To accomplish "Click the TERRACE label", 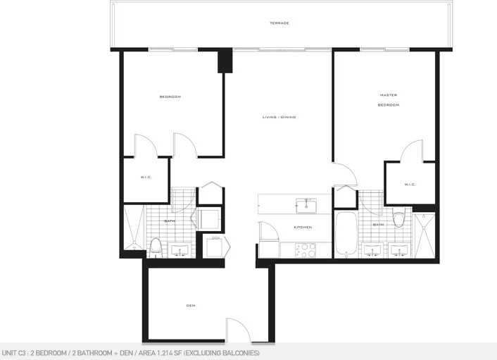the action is tap(279, 23).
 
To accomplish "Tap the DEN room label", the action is tap(191, 306).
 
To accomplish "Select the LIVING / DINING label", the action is tap(279, 117).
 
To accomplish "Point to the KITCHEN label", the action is tap(303, 227).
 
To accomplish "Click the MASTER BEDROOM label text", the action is tap(389, 100).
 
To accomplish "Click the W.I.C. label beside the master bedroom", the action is tap(410, 185).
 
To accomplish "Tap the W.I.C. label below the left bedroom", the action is tap(146, 177).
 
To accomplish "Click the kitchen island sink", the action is tap(306, 206).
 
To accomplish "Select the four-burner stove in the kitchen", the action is tap(306, 250).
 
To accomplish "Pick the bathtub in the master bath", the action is tap(346, 234).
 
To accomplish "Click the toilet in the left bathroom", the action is tap(156, 248).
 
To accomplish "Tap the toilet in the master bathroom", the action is tap(398, 217).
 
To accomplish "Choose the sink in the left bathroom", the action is tap(180, 249).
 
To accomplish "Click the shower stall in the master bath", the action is tap(424, 236).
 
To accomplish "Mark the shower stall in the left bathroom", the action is tap(134, 228).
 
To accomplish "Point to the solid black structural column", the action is tap(225, 61).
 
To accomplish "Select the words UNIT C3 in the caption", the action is tap(13, 353).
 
